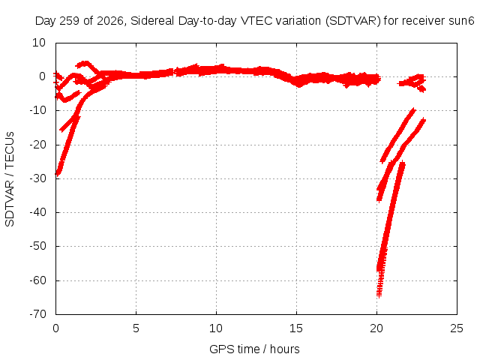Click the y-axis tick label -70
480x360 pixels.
tap(37, 314)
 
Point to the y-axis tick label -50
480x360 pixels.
tap(37, 246)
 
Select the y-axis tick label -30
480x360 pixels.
tap(37, 178)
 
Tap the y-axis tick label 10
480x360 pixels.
tap(39, 43)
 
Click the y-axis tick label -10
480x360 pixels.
tap(37, 110)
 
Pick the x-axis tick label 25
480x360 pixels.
tap(457, 328)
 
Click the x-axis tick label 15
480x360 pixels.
tap(296, 328)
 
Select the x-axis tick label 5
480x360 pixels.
tap(136, 328)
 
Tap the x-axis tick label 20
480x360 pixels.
tap(376, 328)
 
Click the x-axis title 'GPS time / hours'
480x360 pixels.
tap(254, 349)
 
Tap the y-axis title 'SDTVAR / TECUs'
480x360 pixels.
tap(10, 179)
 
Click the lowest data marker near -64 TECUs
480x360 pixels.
tap(379, 295)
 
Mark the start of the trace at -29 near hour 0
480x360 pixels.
tap(57, 174)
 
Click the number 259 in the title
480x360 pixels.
tap(70, 21)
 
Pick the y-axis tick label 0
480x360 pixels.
tap(43, 76)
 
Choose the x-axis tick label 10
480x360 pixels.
tap(216, 328)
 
